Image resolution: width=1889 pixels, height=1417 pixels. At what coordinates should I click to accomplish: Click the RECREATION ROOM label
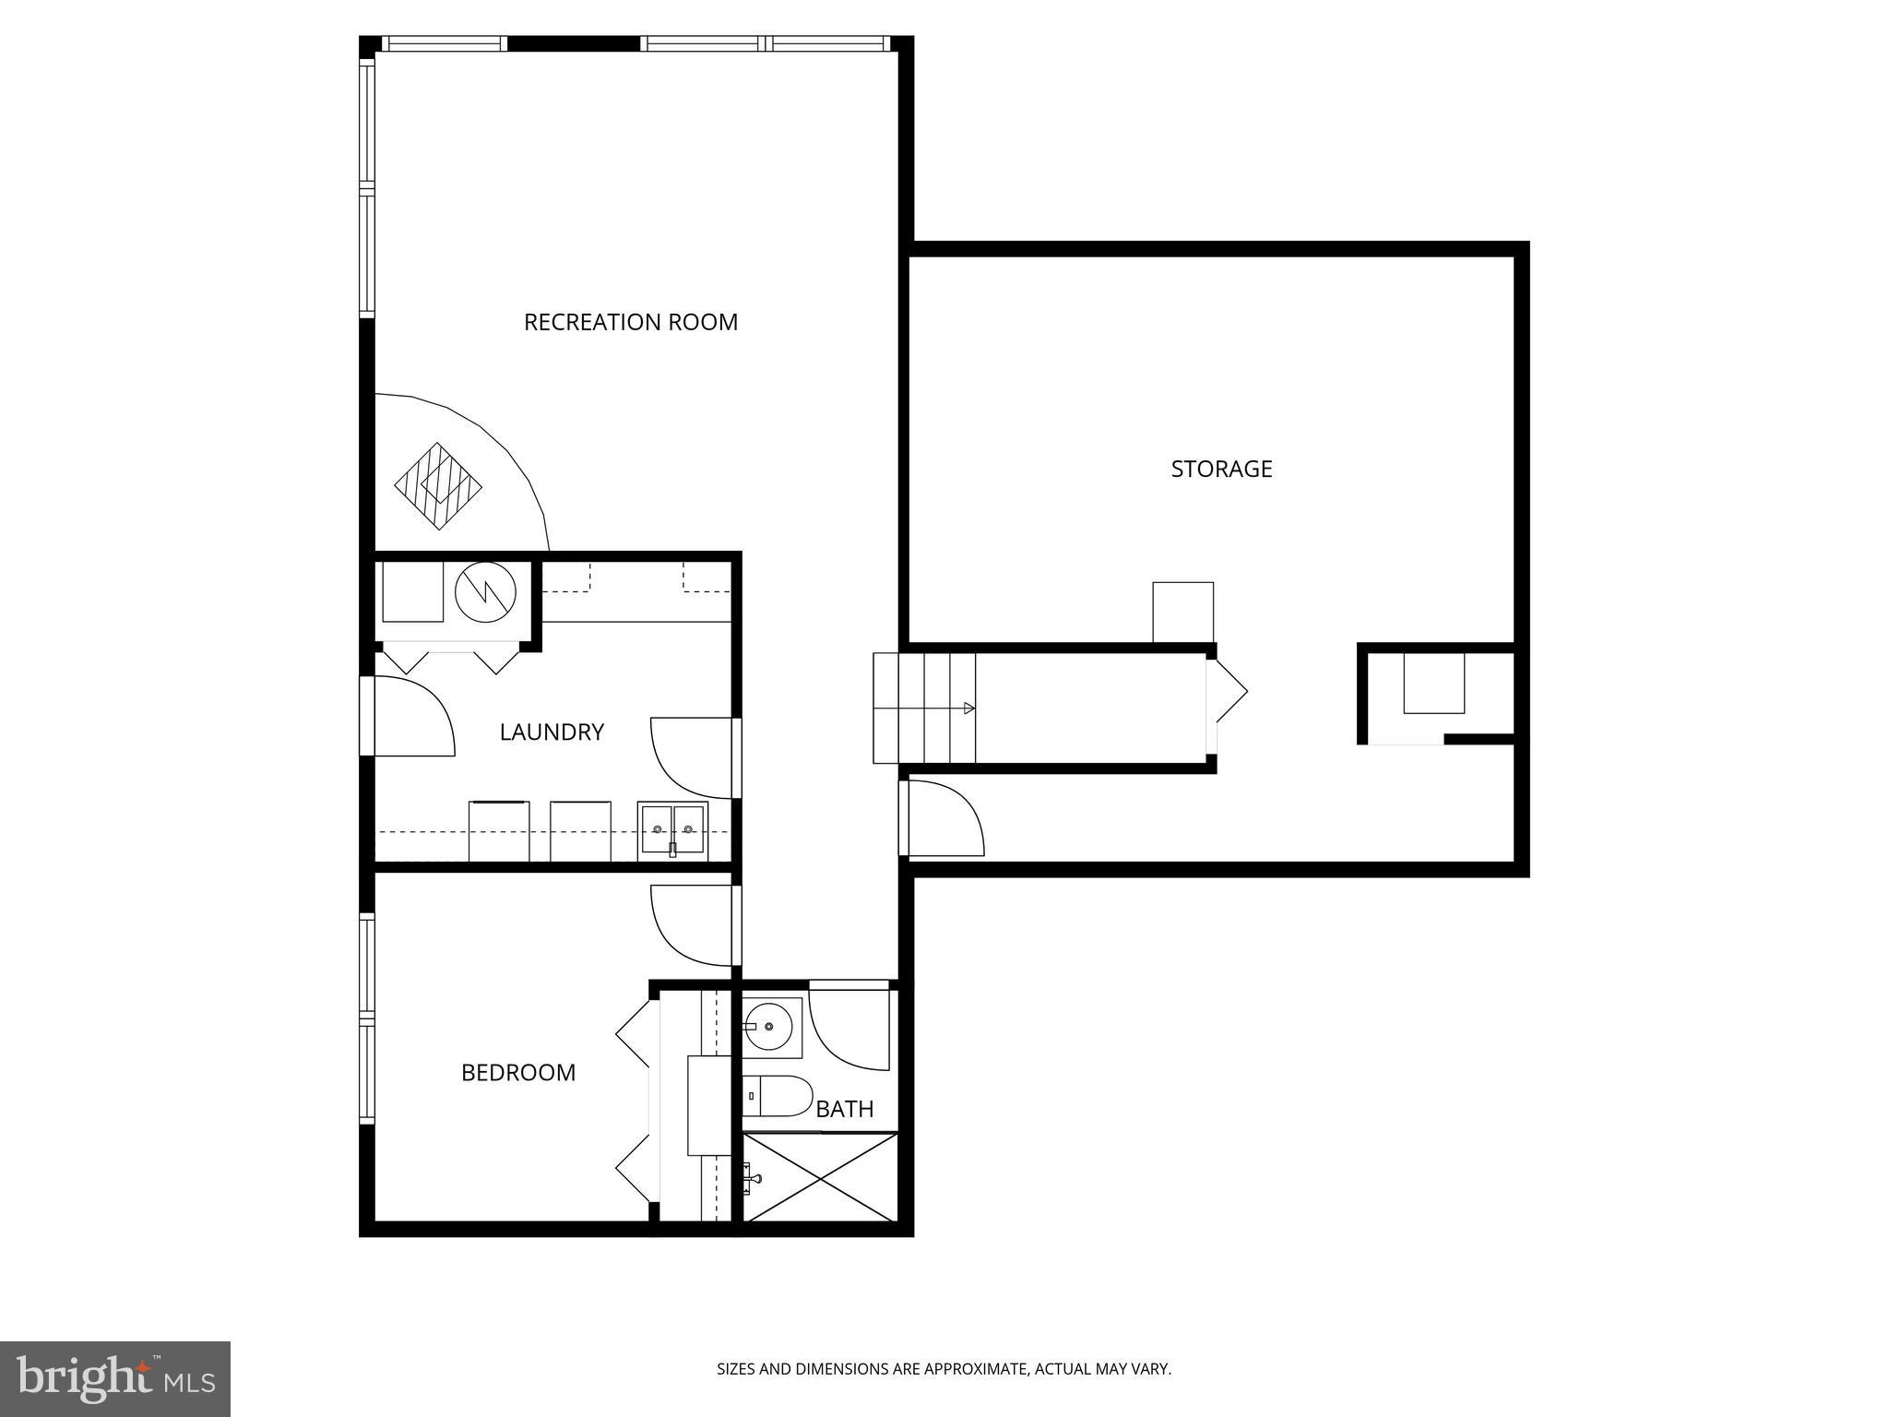[631, 322]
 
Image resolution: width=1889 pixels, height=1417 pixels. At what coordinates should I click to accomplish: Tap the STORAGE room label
[1221, 469]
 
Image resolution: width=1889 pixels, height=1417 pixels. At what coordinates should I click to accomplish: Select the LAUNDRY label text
[552, 732]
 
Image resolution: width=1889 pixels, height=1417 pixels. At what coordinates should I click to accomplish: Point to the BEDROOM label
[518, 1072]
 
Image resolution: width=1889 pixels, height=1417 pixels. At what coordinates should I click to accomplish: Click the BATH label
[845, 1109]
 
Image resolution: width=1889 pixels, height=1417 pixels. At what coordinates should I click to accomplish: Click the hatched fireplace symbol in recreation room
[439, 485]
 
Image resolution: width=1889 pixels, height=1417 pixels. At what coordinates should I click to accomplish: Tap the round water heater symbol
[485, 592]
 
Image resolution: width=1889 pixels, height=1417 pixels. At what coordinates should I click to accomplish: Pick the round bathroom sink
[771, 1026]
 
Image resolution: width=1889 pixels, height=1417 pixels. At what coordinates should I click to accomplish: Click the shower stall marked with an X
[820, 1177]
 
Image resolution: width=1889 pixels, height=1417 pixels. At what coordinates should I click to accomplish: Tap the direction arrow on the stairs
[968, 708]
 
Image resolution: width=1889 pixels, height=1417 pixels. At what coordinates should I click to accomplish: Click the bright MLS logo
[114, 1378]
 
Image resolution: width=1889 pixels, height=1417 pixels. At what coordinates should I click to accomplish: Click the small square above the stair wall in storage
[1182, 612]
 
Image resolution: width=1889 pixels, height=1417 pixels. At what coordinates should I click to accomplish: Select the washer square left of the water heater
[412, 591]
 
